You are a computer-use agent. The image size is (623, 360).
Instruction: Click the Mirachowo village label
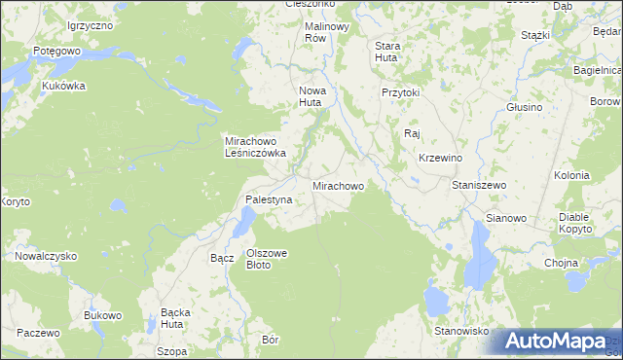point(338,185)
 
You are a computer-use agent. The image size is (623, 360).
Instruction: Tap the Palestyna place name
point(269,199)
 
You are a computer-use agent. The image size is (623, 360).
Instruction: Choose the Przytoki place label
point(400,92)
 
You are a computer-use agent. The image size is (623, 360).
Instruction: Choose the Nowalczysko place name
point(46,256)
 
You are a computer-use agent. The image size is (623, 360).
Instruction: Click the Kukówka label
point(64,86)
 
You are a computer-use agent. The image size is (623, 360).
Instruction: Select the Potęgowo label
point(55,50)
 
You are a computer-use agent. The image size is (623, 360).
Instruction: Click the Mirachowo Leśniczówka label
point(255,146)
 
